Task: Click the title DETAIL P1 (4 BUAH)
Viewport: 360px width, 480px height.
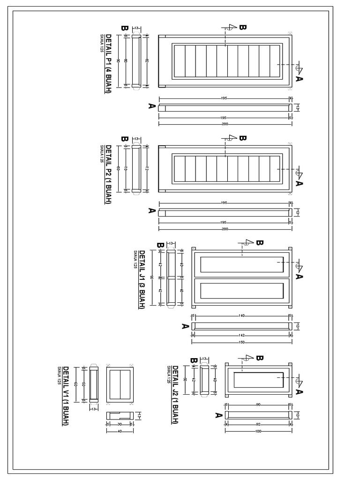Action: pos(108,63)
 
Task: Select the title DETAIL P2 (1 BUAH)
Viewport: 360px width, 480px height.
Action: pos(108,174)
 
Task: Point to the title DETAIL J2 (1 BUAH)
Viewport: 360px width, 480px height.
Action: pos(175,395)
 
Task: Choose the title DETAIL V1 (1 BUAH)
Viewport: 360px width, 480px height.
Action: pos(66,396)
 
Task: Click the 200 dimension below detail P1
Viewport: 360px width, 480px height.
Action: pos(225,124)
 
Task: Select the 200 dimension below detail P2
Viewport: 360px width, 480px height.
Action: pos(225,229)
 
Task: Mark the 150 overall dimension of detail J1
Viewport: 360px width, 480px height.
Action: pos(242,342)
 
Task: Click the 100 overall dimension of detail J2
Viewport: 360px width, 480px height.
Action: pos(258,431)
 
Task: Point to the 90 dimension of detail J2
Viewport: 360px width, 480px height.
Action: pos(258,405)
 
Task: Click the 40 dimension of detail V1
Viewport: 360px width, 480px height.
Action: pos(120,431)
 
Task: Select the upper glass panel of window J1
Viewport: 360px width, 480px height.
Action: pos(242,265)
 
